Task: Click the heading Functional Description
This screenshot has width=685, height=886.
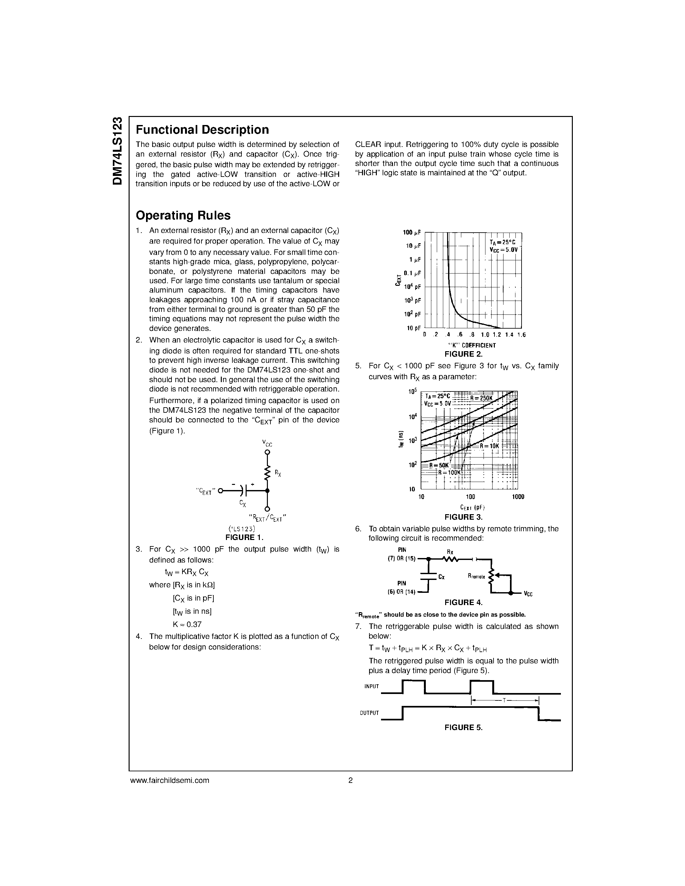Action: click(x=202, y=130)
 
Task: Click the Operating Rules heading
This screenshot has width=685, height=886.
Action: click(x=183, y=216)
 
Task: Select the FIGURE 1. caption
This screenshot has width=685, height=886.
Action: click(x=244, y=537)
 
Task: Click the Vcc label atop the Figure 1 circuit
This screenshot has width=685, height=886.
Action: click(x=267, y=443)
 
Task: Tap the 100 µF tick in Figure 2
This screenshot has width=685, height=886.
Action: click(x=412, y=232)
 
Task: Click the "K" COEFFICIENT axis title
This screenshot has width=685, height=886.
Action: click(x=472, y=345)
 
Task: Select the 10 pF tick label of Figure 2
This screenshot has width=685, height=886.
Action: click(x=414, y=328)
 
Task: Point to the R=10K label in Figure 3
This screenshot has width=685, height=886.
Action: click(x=489, y=446)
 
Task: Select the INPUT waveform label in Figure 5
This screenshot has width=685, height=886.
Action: click(x=371, y=686)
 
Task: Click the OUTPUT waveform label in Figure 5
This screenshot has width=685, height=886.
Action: click(x=369, y=713)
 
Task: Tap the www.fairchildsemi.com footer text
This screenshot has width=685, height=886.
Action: click(x=170, y=780)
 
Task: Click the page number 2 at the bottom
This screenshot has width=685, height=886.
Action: click(x=350, y=780)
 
